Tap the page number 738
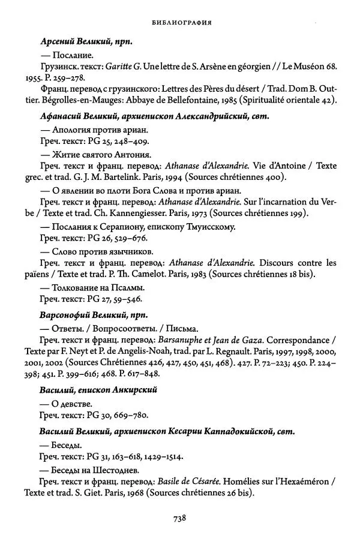180,517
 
